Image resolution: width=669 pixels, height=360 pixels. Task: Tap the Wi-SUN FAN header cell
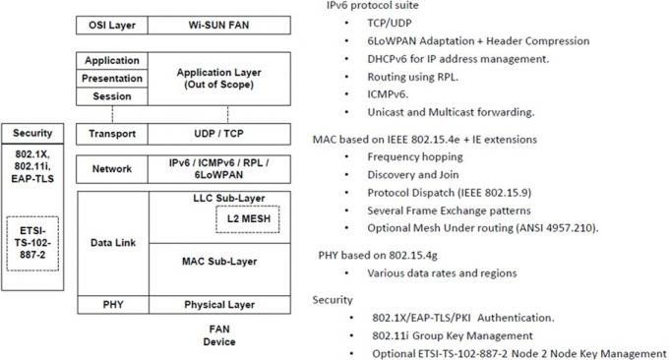pyautogui.click(x=219, y=26)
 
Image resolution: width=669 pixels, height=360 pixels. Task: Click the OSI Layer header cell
pyautogui.click(x=112, y=26)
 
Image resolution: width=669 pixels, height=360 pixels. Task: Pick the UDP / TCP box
pyautogui.click(x=219, y=134)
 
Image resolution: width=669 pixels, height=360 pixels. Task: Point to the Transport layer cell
pyautogui.click(x=112, y=134)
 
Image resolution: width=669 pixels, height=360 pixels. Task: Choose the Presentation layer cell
pyautogui.click(x=112, y=79)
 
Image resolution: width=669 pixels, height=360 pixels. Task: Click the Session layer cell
pyautogui.click(x=112, y=96)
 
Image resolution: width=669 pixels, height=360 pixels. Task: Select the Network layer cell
pyautogui.click(x=112, y=169)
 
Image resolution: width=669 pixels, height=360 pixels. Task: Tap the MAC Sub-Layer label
pyautogui.click(x=219, y=262)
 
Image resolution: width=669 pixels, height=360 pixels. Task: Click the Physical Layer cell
pyautogui.click(x=219, y=305)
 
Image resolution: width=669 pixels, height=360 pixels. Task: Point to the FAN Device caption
pyautogui.click(x=219, y=335)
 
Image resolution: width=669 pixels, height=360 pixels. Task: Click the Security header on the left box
pyautogui.click(x=32, y=133)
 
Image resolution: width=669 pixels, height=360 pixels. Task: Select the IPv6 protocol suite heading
pyautogui.click(x=373, y=6)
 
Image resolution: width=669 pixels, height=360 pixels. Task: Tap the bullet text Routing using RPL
pyautogui.click(x=412, y=77)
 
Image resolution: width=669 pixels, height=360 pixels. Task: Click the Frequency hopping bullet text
pyautogui.click(x=415, y=157)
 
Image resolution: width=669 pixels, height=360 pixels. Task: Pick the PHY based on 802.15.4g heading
pyautogui.click(x=378, y=256)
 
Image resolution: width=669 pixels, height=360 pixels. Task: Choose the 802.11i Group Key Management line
pyautogui.click(x=453, y=335)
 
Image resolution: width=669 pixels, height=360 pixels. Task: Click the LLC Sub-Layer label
pyautogui.click(x=228, y=198)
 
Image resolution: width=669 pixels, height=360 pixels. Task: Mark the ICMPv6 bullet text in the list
pyautogui.click(x=388, y=94)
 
